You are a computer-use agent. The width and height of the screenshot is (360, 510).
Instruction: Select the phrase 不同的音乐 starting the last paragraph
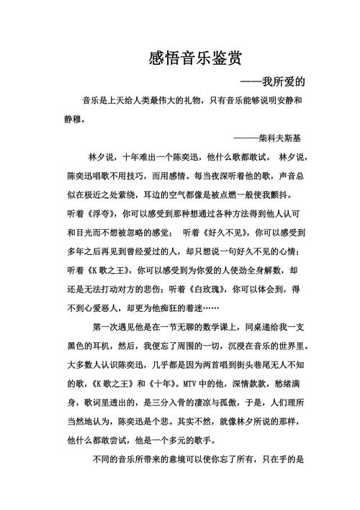(117, 458)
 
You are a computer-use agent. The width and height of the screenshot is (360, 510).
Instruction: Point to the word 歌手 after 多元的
(214, 439)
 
